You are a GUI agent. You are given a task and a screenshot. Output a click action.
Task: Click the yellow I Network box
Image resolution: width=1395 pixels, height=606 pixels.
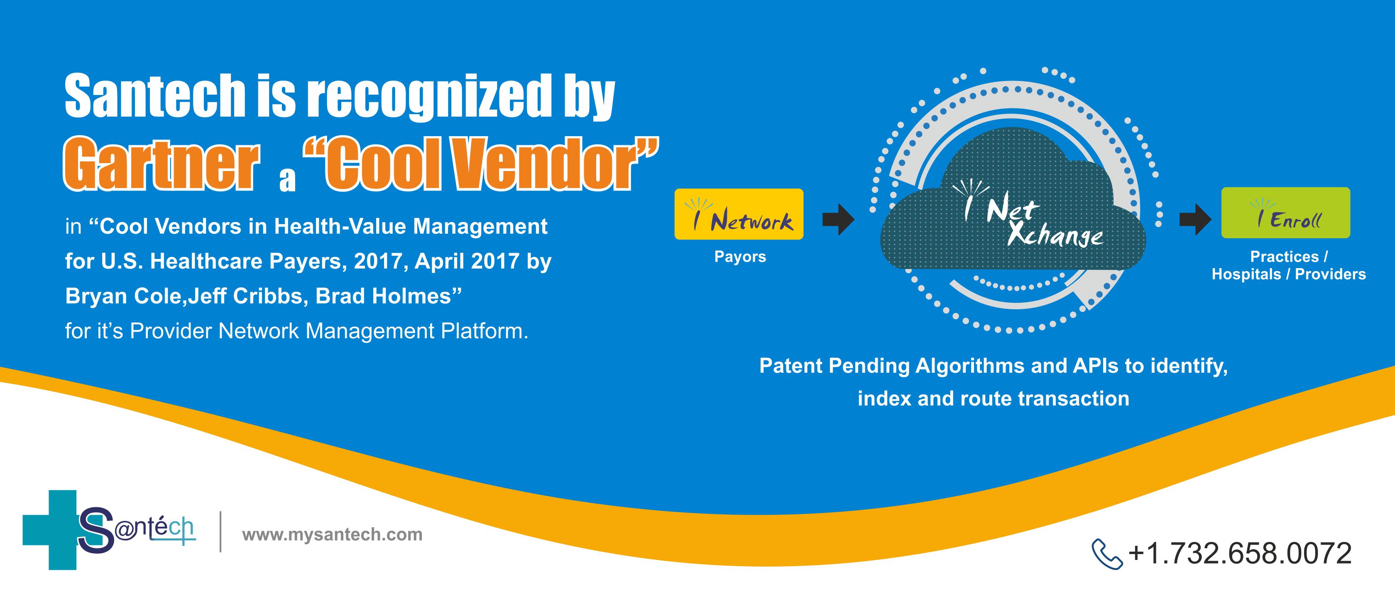point(739,214)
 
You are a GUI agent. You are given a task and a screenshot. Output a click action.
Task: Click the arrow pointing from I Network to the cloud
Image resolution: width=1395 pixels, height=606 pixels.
point(838,219)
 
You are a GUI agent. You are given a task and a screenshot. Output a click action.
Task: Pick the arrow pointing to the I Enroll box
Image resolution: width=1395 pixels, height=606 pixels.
point(1195,219)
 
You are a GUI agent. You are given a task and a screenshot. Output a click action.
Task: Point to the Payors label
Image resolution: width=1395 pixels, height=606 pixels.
point(740,257)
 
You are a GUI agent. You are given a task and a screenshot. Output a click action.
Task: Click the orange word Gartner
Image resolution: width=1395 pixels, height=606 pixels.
point(162,164)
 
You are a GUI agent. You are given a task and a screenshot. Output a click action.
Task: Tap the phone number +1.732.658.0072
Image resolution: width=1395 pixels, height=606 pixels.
point(1240,553)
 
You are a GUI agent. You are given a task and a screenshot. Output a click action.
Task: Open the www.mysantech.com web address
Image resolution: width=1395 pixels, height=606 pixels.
point(332,535)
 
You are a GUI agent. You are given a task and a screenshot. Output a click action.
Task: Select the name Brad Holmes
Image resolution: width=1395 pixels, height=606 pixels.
point(383,296)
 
